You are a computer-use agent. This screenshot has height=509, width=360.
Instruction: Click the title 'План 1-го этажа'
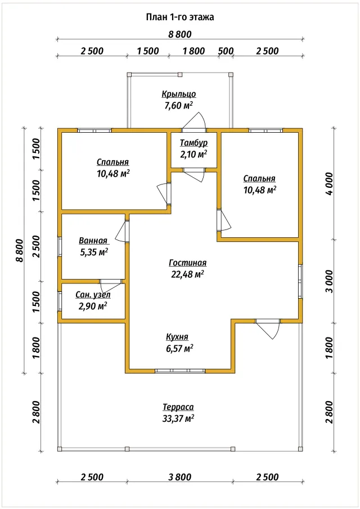point(180,17)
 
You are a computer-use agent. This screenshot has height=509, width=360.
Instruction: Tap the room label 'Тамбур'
point(194,143)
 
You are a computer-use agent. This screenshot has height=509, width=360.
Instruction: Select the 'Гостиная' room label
point(188,263)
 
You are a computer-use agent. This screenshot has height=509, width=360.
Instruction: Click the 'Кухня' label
point(177,337)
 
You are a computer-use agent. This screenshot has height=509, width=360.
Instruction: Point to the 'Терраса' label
point(178,407)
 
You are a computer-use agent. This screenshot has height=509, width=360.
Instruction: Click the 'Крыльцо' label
point(179,94)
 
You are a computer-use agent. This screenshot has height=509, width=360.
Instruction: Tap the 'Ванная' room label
point(93,241)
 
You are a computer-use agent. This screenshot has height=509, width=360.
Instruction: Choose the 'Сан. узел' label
point(93,295)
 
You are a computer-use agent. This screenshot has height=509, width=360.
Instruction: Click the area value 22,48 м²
point(187,274)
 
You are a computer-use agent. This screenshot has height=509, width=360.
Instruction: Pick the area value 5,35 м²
point(94,252)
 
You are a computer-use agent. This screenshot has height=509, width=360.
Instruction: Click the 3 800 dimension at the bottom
point(180,477)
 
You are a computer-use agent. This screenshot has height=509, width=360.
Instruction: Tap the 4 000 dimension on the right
point(329,183)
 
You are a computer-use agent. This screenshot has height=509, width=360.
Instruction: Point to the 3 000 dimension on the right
point(329,281)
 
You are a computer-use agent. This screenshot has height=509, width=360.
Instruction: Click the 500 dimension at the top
point(226,51)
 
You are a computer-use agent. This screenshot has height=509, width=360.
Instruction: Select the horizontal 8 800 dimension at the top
point(180,34)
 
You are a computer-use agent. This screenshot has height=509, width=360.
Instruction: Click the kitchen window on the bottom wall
point(180,371)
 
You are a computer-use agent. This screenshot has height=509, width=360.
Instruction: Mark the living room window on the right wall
point(300,281)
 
